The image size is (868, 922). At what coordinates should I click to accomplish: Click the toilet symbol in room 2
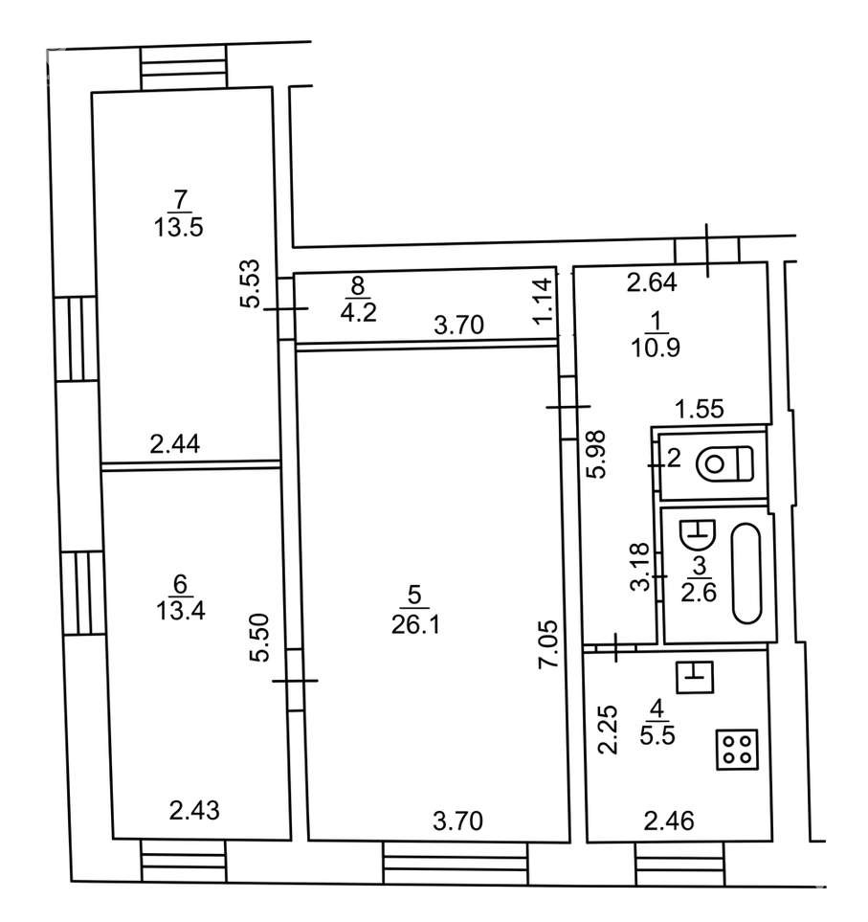[x=724, y=463]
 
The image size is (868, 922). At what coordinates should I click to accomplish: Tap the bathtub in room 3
[x=746, y=573]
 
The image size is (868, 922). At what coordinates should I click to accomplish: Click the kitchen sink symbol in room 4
[x=695, y=677]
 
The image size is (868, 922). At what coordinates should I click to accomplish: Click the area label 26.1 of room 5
[x=415, y=625]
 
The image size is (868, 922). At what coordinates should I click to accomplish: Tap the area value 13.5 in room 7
[x=179, y=227]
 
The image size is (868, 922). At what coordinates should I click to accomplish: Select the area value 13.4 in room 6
[x=181, y=611]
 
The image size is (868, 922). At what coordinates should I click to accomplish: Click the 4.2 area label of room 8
[x=359, y=312]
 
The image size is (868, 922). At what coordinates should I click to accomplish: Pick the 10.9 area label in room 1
[x=656, y=349]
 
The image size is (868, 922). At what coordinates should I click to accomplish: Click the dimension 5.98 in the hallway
[x=596, y=455]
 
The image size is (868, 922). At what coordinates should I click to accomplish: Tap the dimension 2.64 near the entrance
[x=652, y=282]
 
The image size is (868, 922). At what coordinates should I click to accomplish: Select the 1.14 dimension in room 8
[x=545, y=300]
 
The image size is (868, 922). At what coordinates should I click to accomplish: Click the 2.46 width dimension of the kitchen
[x=669, y=821]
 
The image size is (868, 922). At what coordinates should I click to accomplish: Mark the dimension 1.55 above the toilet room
[x=700, y=409]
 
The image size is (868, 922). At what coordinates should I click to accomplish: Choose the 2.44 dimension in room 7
[x=174, y=444]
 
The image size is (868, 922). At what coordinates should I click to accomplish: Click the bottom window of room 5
[x=456, y=864]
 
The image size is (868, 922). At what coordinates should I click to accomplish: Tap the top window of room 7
[x=184, y=68]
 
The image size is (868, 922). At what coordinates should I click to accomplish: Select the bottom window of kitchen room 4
[x=679, y=864]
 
